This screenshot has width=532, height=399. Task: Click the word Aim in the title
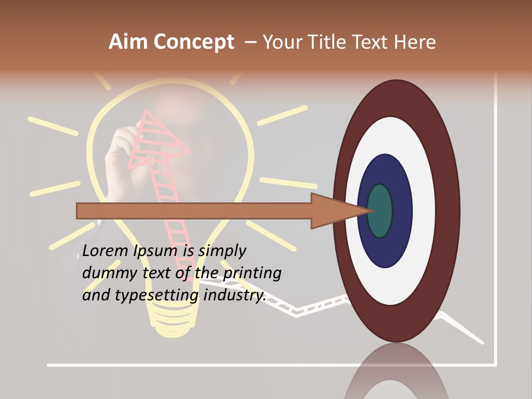(x=129, y=42)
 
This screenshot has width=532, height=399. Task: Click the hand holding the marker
(x=119, y=152)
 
